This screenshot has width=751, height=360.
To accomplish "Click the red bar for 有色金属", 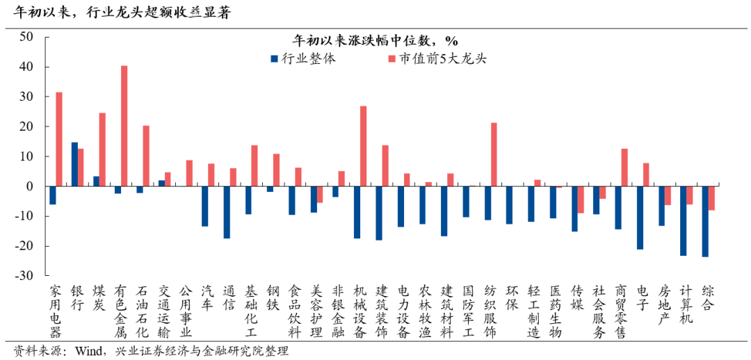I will pyautogui.click(x=124, y=126).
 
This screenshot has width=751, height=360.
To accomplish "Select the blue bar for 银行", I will pyautogui.click(x=74, y=164).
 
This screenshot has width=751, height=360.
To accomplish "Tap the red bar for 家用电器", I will pyautogui.click(x=59, y=139).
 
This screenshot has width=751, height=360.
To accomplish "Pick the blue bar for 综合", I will pyautogui.click(x=705, y=221).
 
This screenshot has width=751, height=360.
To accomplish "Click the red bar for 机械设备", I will pyautogui.click(x=363, y=146).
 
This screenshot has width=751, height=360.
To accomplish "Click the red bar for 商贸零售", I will pyautogui.click(x=624, y=167).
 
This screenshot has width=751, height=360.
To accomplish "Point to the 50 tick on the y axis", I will pyautogui.click(x=27, y=38).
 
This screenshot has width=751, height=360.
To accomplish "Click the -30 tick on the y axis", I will pyautogui.click(x=25, y=276).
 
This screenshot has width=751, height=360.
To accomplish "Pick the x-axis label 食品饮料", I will pyautogui.click(x=295, y=311).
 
